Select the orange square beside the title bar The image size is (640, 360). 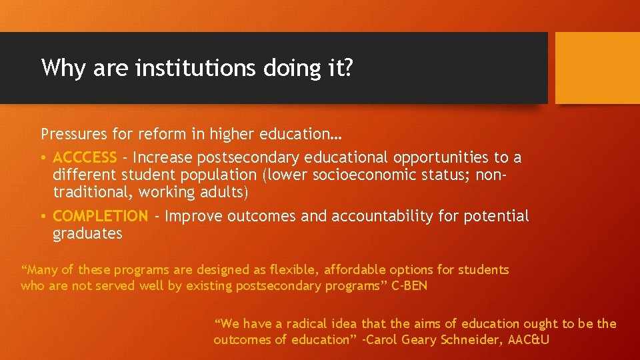[597, 68]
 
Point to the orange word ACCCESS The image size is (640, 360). [85, 157]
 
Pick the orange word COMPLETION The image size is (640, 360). [100, 216]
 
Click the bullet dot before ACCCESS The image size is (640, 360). [43, 158]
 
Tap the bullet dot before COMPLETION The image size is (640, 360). [43, 217]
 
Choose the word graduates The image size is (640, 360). [87, 234]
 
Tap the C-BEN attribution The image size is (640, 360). [409, 286]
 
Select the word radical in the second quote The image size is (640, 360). [310, 324]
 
